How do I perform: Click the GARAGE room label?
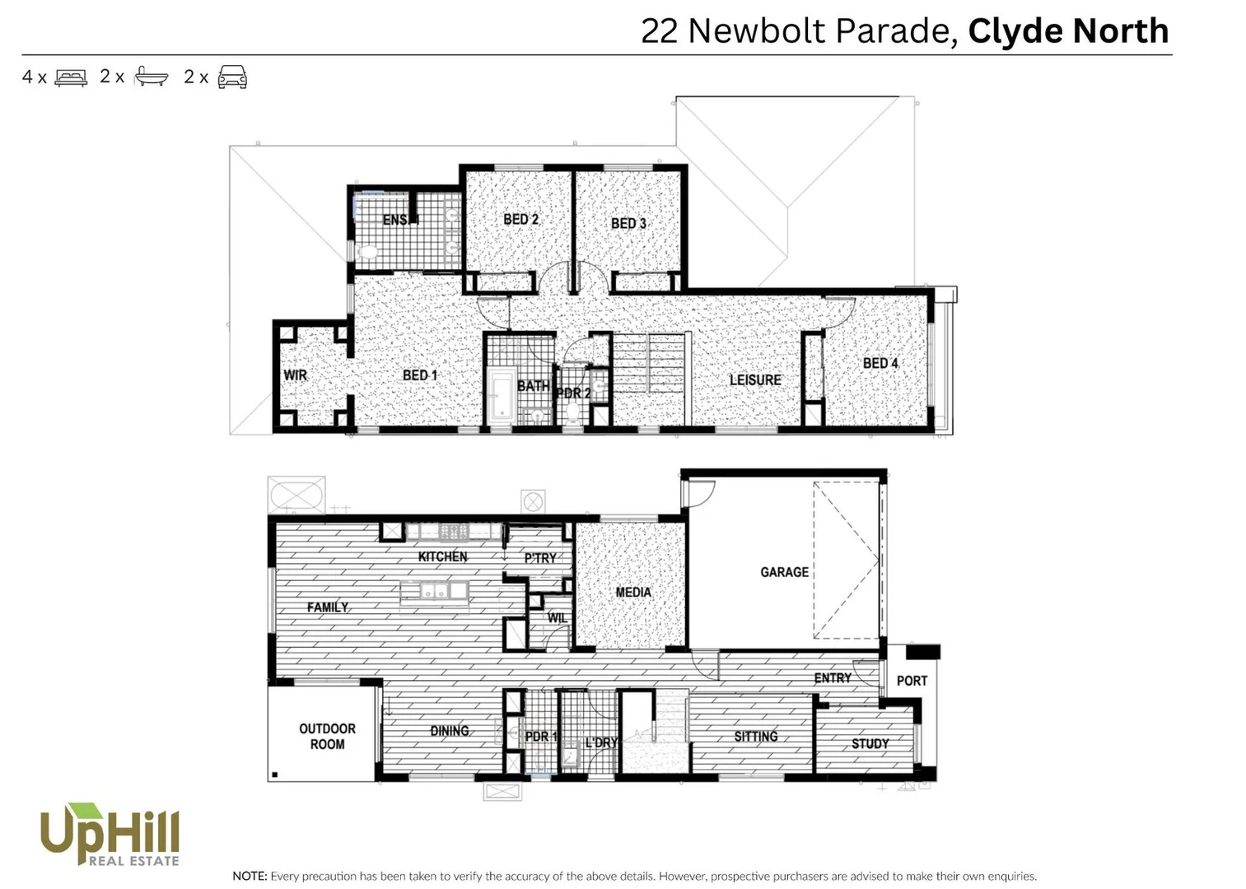pyautogui.click(x=783, y=572)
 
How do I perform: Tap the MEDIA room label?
pyautogui.click(x=632, y=592)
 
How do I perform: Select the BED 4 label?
pyautogui.click(x=880, y=363)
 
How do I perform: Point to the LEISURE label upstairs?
pyautogui.click(x=754, y=380)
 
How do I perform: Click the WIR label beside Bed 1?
pyautogui.click(x=295, y=375)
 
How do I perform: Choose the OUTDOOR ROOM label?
pyautogui.click(x=327, y=737)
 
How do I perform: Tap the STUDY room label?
pyautogui.click(x=870, y=744)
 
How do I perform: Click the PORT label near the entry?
pyautogui.click(x=912, y=681)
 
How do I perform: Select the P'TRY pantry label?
pyautogui.click(x=540, y=558)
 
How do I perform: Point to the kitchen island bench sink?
pyautogui.click(x=432, y=591)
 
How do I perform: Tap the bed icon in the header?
pyautogui.click(x=71, y=77)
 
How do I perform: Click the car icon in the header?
pyautogui.click(x=232, y=77)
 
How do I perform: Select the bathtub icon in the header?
pyautogui.click(x=151, y=77)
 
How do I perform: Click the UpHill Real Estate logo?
pyautogui.click(x=110, y=835)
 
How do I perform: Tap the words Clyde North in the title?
pyautogui.click(x=1068, y=31)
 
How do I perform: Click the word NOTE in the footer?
pyautogui.click(x=250, y=877)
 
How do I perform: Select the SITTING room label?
pyautogui.click(x=755, y=737)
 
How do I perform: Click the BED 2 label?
pyautogui.click(x=520, y=220)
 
